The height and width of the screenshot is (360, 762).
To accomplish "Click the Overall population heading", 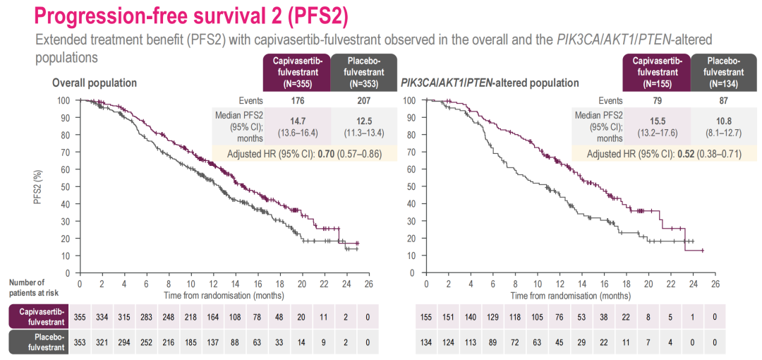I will click(x=95, y=83).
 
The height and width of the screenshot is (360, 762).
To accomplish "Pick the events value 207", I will click(x=364, y=101).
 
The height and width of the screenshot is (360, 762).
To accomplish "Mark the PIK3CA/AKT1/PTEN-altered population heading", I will click(x=490, y=83).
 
